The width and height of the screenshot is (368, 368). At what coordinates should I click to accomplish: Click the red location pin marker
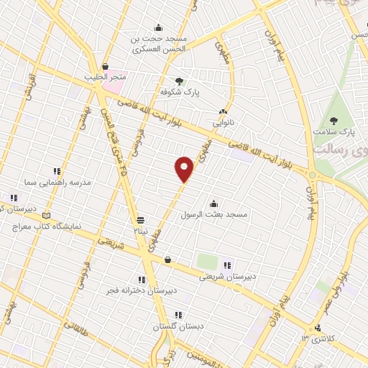[x=185, y=170]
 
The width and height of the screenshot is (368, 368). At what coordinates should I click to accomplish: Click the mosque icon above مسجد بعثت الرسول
[x=213, y=203]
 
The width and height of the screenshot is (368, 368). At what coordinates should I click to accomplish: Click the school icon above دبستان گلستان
[x=178, y=315]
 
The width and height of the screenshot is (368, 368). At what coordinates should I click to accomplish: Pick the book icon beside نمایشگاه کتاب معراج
[x=47, y=215]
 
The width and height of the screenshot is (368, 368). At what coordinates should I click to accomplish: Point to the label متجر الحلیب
[x=105, y=76]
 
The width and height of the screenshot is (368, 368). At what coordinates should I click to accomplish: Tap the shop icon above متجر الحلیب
[x=105, y=65]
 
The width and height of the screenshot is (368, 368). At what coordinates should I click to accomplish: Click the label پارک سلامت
[x=333, y=132]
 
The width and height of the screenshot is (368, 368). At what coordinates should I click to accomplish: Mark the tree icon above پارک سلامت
[x=333, y=121]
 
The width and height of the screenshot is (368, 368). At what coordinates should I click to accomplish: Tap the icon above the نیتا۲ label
[x=141, y=220]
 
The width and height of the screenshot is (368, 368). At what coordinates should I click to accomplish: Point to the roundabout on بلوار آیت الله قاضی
[x=313, y=175]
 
